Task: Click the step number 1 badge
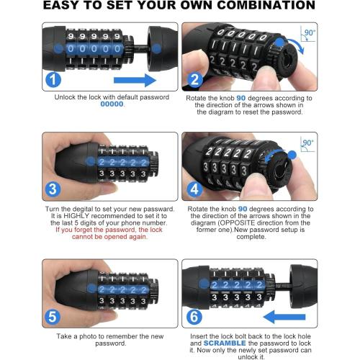pos(53,80)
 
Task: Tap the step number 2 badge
pos(194,80)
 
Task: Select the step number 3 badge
pos(53,189)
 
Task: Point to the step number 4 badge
pos(194,189)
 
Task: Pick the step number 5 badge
pos(53,317)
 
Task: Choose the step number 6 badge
pos(194,316)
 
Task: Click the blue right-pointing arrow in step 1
pos(135,80)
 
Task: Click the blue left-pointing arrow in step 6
pos(284,317)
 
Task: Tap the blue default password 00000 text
pos(112,104)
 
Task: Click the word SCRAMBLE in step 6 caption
pos(225,343)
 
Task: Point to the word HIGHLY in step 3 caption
pos(76,216)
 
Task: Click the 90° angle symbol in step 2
pos(307,34)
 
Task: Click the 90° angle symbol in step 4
pos(307,144)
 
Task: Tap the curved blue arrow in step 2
pos(296,45)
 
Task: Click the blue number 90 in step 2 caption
pos(241,98)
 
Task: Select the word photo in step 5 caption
pos(88,336)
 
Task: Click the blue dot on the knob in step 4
pos(292,155)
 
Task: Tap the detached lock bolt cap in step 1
pos(162,49)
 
